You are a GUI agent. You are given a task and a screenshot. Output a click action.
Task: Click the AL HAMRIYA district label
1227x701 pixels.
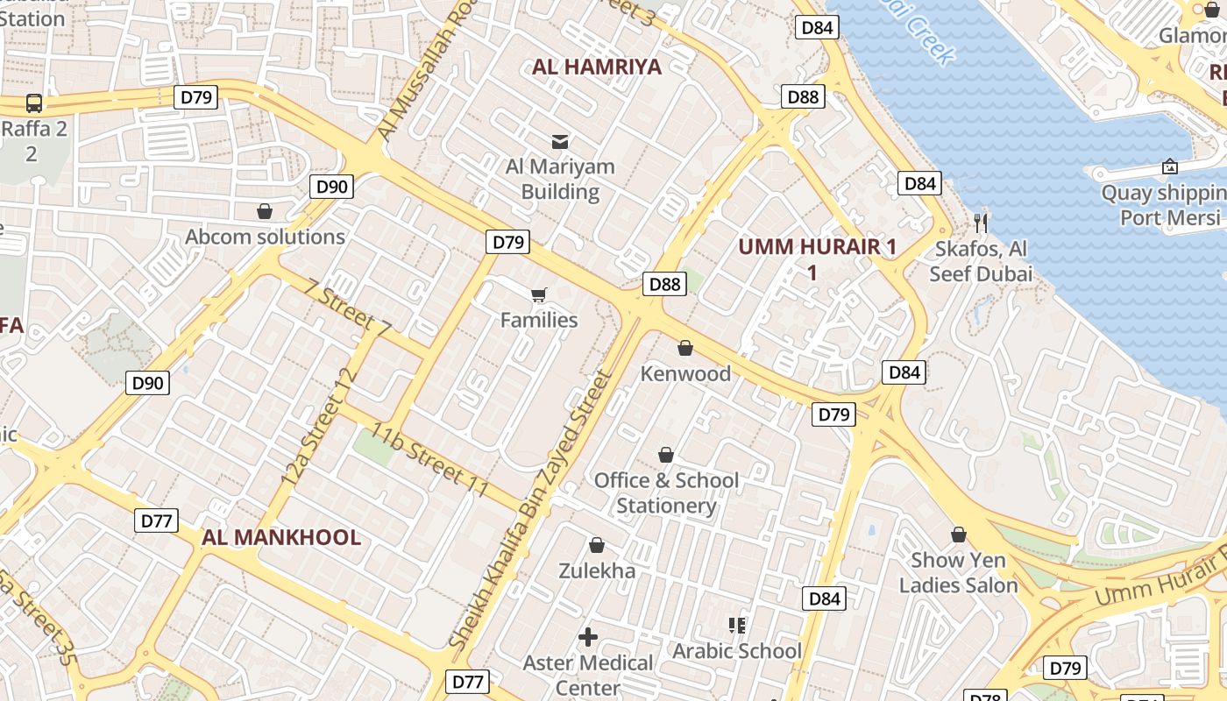pos(597,67)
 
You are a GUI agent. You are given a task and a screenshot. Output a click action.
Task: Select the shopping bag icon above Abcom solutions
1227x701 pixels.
pos(265,211)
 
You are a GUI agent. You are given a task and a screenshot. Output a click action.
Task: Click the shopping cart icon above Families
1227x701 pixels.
pos(539,294)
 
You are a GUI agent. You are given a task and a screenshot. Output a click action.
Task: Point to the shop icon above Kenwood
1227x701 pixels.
pos(685,349)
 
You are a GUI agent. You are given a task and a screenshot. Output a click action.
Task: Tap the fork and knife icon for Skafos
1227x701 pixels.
pos(981,223)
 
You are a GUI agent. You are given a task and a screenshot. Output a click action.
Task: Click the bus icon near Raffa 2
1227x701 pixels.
pos(34,103)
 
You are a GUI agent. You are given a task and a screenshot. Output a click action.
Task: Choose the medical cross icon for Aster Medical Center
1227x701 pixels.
pos(588,637)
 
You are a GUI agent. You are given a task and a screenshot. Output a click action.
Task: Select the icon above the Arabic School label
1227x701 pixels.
pos(736,625)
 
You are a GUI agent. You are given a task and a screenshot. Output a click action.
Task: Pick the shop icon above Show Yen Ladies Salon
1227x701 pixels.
pos(959,534)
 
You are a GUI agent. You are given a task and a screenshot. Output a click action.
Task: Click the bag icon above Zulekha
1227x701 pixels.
pos(597,545)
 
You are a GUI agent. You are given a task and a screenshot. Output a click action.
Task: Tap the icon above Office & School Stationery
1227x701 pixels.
pos(666,455)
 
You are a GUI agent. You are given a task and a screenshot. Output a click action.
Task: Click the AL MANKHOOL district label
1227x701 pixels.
pos(281,537)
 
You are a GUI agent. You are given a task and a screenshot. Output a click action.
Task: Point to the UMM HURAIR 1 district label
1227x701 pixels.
pos(817,247)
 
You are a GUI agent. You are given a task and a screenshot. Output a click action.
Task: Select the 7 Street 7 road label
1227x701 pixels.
pos(348,308)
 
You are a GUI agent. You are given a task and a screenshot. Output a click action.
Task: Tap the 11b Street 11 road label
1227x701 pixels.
pos(429,459)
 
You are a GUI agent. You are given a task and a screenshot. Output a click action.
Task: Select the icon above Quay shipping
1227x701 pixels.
pos(1169,166)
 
